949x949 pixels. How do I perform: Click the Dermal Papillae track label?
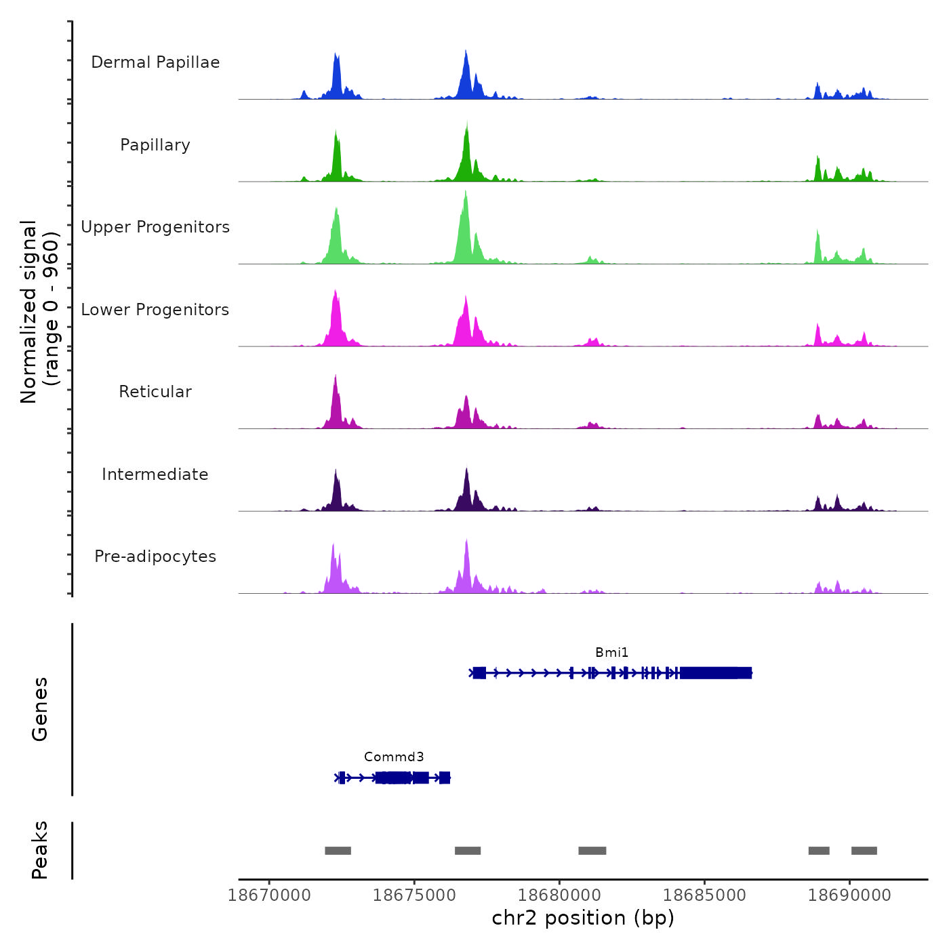click(155, 62)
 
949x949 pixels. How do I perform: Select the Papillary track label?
click(155, 145)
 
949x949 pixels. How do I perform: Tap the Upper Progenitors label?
click(155, 227)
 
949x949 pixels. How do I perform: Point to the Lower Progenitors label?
click(155, 310)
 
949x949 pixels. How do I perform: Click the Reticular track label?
click(155, 392)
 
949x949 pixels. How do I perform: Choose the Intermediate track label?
click(155, 474)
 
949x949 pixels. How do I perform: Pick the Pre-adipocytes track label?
click(155, 557)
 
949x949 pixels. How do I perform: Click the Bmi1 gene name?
click(611, 652)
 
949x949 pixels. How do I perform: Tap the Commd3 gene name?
click(394, 756)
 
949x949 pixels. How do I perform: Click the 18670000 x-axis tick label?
click(270, 895)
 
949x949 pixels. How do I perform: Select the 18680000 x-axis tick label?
click(560, 895)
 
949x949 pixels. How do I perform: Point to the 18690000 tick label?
click(850, 895)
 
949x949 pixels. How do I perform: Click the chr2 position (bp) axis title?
click(583, 918)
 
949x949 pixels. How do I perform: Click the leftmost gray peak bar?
click(338, 851)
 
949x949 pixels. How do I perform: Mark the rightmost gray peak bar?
click(864, 851)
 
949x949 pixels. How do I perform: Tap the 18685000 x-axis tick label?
click(705, 895)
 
